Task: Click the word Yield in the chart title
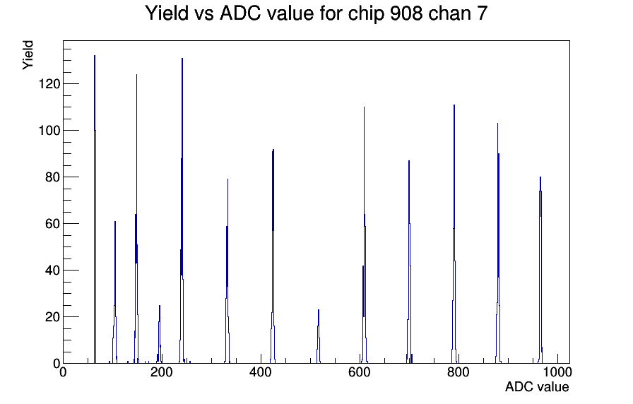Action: tap(167, 13)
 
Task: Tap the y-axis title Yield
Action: tap(28, 55)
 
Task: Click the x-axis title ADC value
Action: tap(537, 386)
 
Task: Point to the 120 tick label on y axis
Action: tap(49, 84)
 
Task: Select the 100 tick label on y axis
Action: tap(49, 131)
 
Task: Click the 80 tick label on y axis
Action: tap(52, 177)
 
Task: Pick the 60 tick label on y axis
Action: tap(52, 224)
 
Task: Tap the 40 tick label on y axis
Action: tap(52, 271)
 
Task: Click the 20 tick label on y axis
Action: tap(52, 317)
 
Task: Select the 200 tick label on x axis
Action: tap(162, 372)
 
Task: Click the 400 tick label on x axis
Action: tap(261, 372)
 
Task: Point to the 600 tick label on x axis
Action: tap(360, 372)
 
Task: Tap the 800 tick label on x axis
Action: tap(459, 372)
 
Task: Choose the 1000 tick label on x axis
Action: tap(557, 372)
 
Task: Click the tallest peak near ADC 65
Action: tap(95, 56)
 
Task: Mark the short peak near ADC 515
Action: tap(319, 310)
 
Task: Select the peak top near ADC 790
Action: tap(454, 105)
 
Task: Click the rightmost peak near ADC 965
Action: tap(540, 177)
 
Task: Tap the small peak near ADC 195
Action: tap(160, 306)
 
